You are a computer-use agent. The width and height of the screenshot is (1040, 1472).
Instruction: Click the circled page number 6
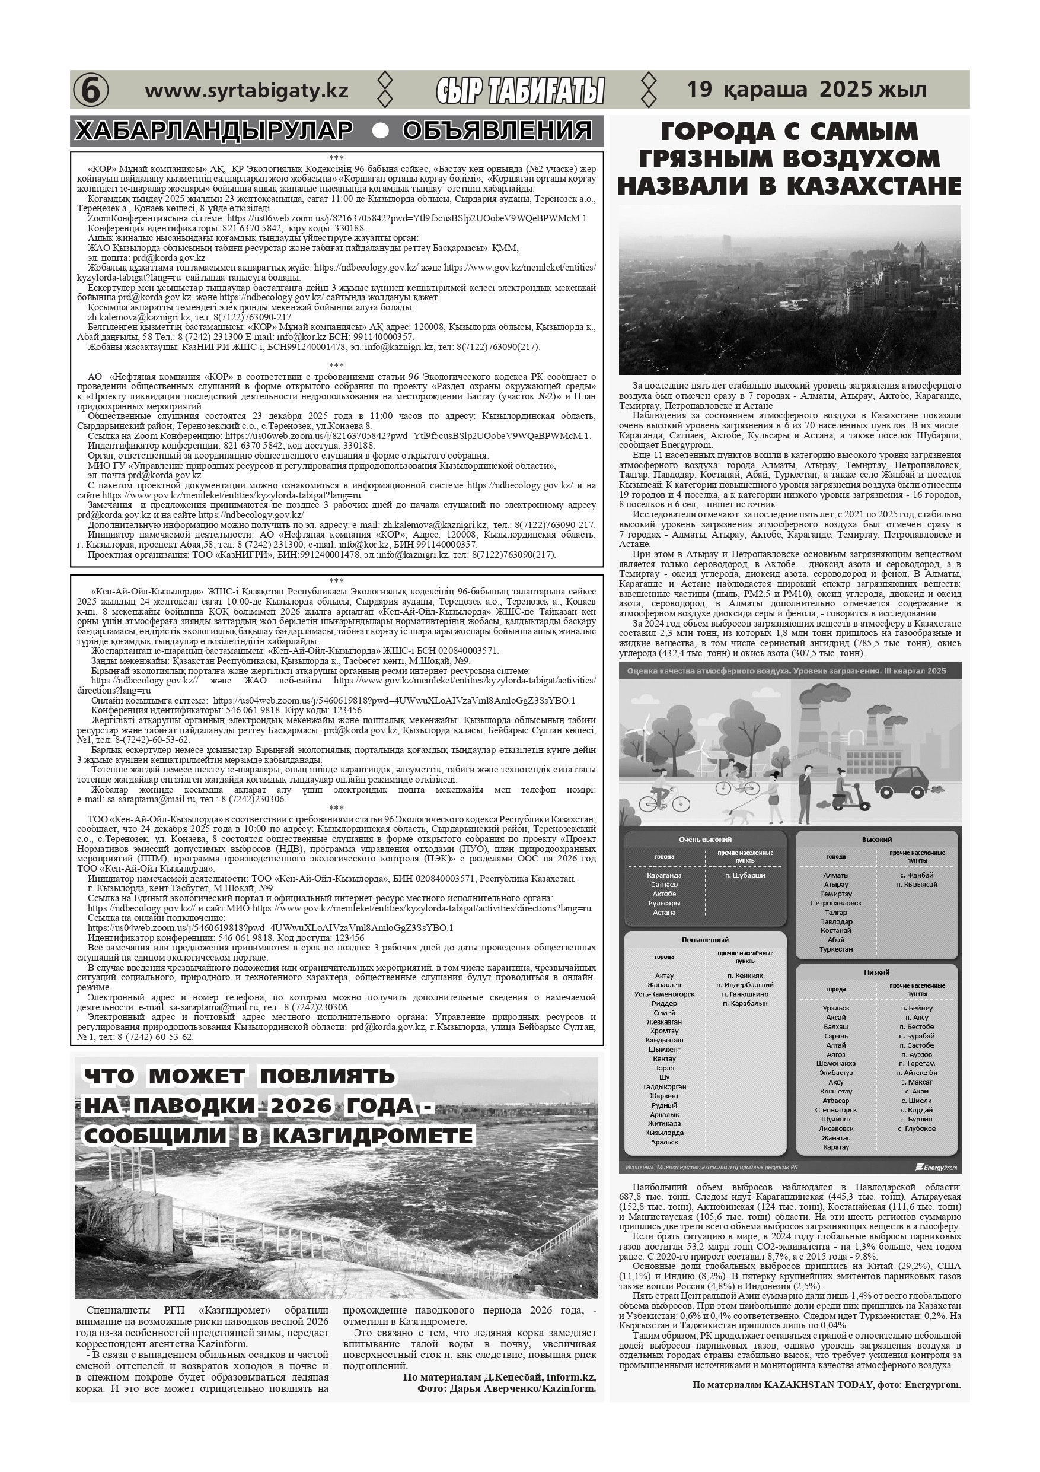tap(90, 90)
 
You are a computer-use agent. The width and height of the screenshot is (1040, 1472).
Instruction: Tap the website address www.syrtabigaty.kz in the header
tap(247, 90)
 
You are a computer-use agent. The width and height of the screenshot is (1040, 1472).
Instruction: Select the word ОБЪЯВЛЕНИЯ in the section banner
tap(497, 131)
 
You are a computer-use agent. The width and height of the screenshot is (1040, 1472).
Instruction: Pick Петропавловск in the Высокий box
tap(835, 902)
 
